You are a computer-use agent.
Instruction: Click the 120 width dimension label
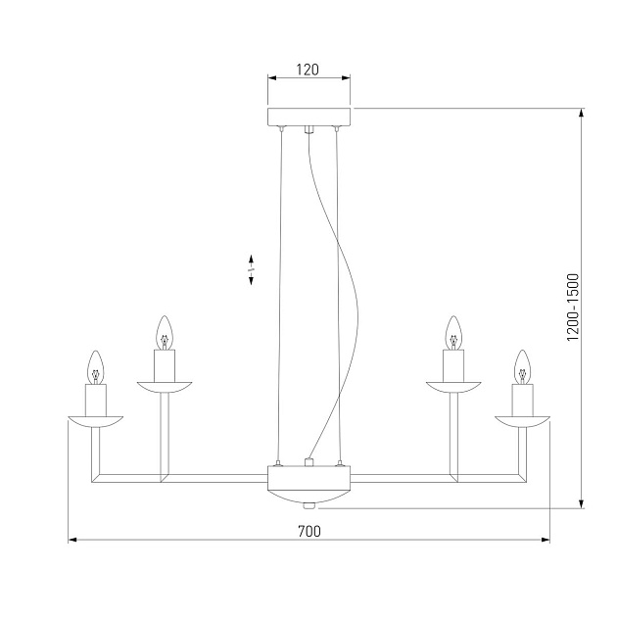click(x=308, y=71)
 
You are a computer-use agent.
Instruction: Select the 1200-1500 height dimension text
click(x=574, y=308)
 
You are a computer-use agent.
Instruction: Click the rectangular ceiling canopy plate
click(x=308, y=116)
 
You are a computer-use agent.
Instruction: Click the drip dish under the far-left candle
click(x=95, y=420)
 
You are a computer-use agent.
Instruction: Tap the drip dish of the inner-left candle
click(x=165, y=387)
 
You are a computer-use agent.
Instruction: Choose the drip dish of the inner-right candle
click(x=452, y=387)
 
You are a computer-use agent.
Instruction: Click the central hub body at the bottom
click(x=308, y=482)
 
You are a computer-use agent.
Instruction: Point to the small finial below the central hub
click(x=308, y=505)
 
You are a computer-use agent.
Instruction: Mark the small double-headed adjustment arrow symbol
click(x=252, y=269)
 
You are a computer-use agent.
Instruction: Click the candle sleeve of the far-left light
click(x=95, y=400)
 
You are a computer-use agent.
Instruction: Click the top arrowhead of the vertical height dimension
click(x=583, y=114)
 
